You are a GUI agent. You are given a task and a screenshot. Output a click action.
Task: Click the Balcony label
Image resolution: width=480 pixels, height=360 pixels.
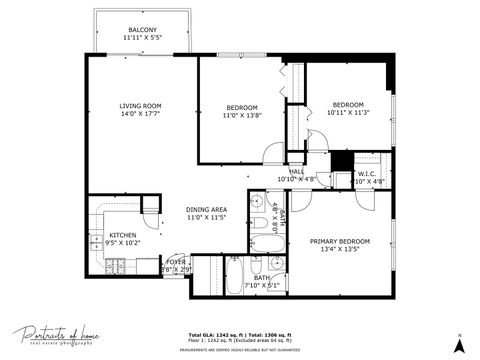point(140,30)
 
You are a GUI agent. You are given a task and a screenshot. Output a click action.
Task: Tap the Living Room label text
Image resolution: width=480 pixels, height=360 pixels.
point(140,105)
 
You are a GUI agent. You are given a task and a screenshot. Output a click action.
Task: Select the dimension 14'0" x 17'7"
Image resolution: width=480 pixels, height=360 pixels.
point(140,114)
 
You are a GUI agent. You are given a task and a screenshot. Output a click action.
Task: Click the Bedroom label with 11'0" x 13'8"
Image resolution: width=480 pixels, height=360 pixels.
point(242,107)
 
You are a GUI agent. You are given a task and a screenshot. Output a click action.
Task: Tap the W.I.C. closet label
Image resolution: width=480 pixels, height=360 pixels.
point(367,174)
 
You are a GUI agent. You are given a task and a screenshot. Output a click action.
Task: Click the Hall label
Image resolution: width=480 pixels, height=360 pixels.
point(296,172)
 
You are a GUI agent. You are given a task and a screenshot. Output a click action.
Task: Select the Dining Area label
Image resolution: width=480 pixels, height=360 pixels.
point(207,209)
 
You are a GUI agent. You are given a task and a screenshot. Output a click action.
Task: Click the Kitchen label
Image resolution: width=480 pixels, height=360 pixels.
point(123,234)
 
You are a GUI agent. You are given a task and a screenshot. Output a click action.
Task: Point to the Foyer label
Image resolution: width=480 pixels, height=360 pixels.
point(176,262)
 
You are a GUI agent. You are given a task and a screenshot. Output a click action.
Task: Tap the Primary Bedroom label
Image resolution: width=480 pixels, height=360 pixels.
point(339,241)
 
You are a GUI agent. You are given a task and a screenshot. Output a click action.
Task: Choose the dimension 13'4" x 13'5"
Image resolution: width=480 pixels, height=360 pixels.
point(339,250)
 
